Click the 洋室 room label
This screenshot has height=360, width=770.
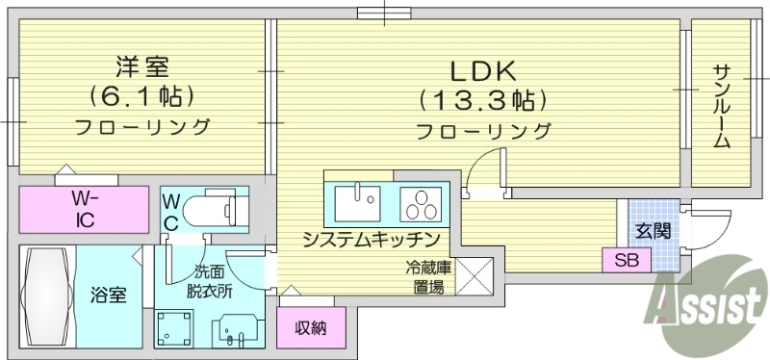pyautogui.click(x=142, y=66)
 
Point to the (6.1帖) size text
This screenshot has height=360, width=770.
pyautogui.click(x=142, y=95)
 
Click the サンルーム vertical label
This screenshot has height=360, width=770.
pyautogui.click(x=721, y=105)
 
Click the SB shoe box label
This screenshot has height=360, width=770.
pyautogui.click(x=626, y=259)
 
